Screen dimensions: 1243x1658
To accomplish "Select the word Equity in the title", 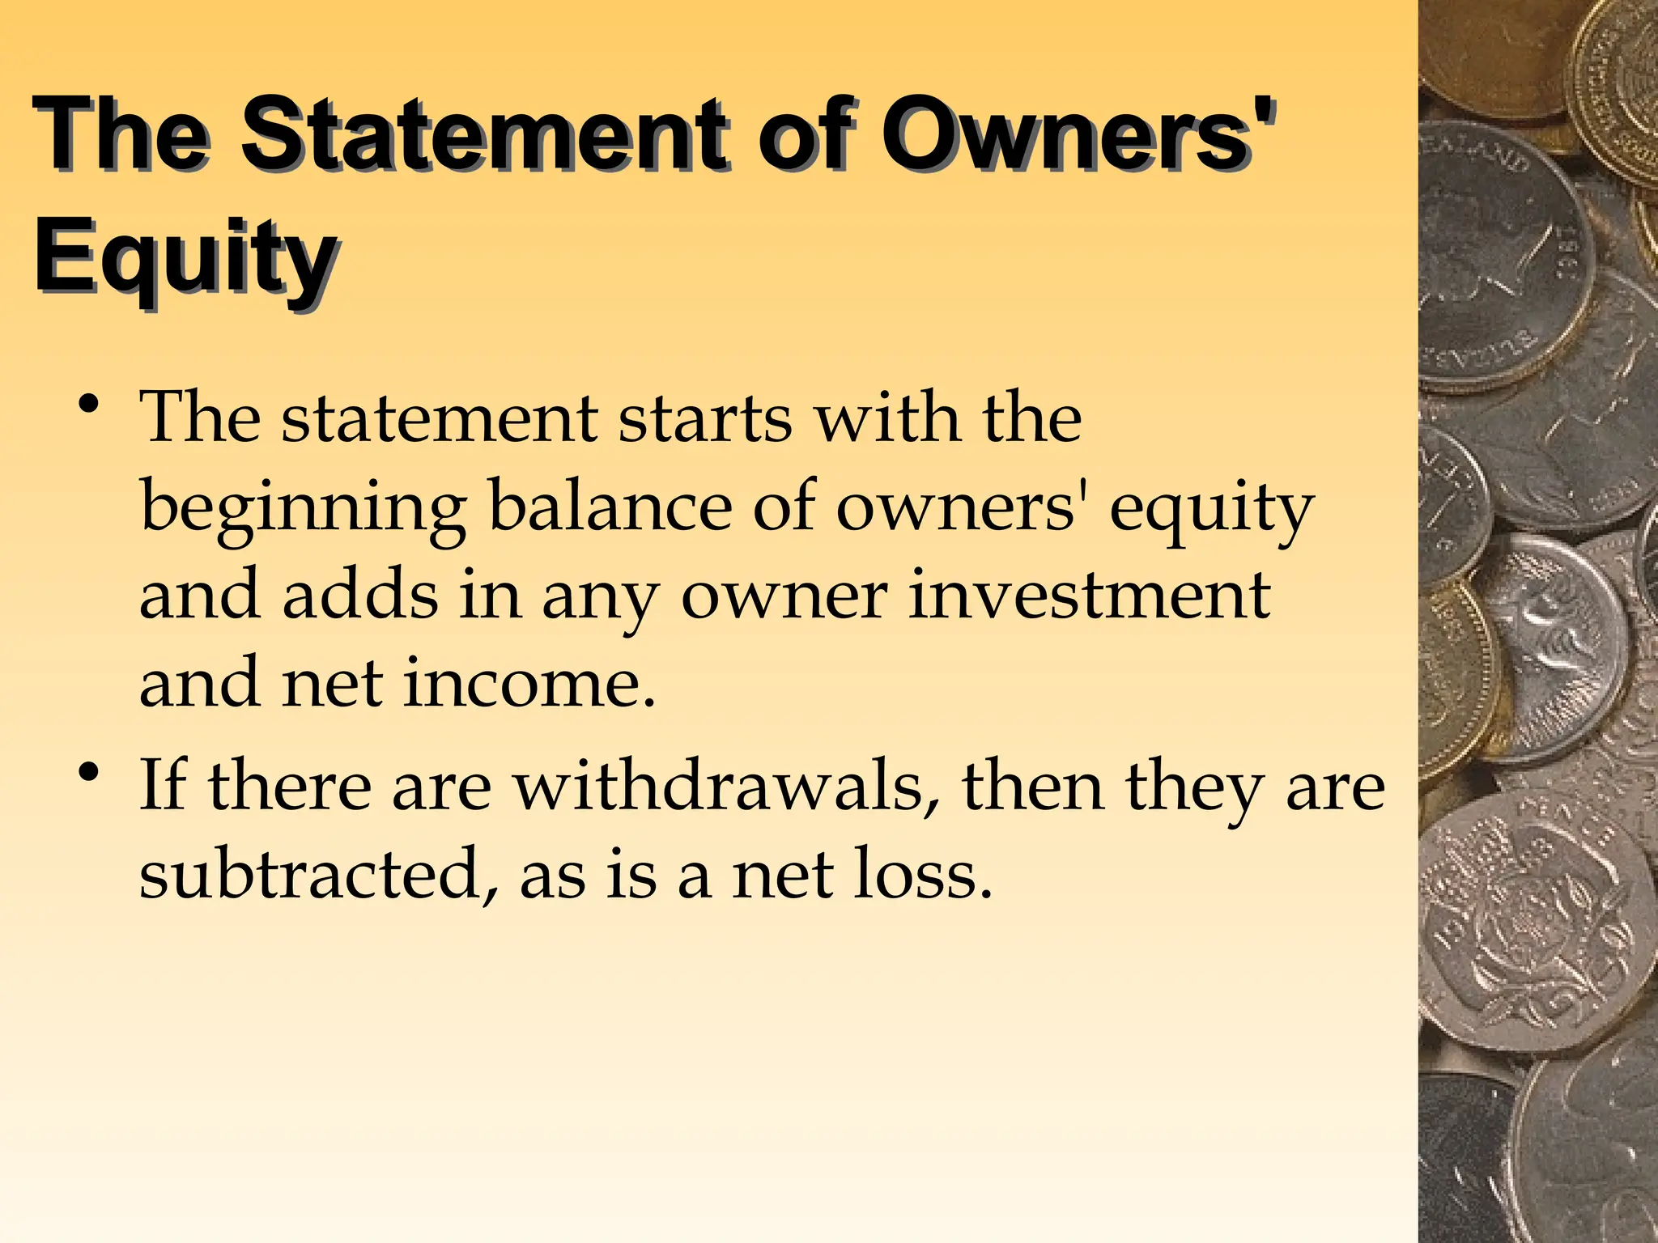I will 185,257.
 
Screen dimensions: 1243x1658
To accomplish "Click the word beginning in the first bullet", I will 303,510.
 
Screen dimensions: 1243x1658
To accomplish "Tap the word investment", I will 1088,595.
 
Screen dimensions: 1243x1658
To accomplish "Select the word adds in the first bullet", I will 361,595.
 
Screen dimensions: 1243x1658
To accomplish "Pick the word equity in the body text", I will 1211,510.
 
